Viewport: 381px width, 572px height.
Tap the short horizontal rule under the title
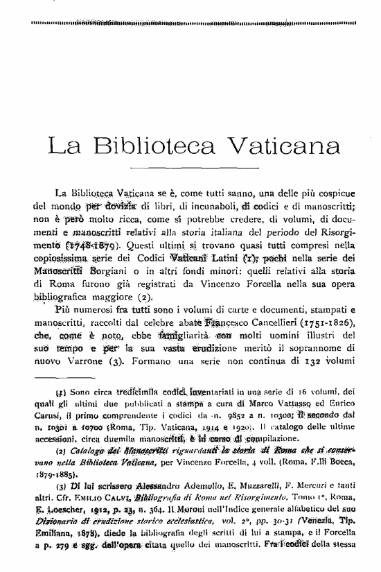[190, 168]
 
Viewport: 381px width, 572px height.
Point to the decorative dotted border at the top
[190, 23]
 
